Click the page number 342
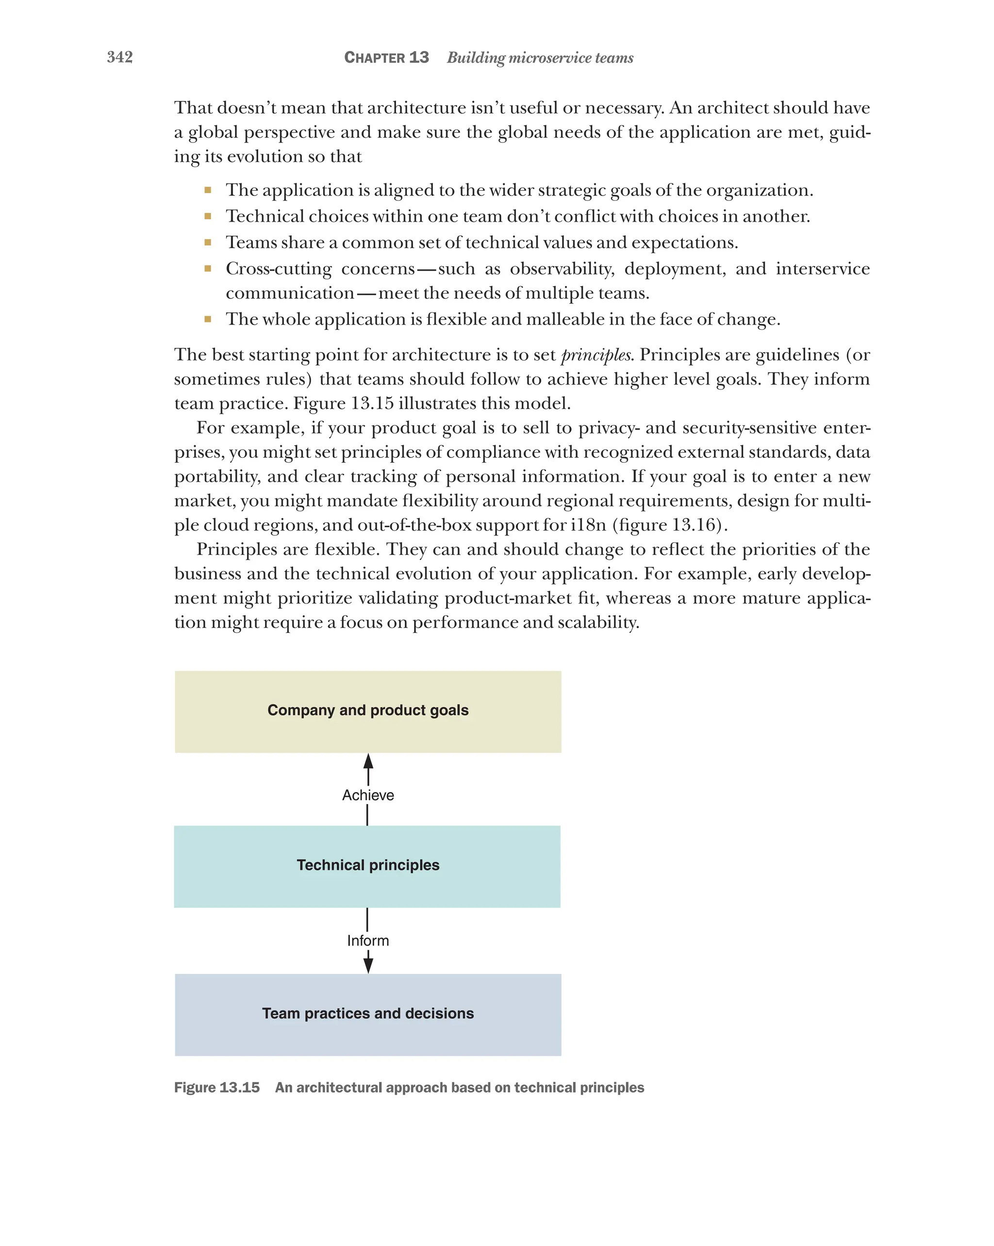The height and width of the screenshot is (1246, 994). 120,57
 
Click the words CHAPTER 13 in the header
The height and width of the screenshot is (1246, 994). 386,58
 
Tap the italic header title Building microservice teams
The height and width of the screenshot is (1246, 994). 540,58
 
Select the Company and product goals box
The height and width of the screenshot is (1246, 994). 368,712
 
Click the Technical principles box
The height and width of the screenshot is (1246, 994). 368,866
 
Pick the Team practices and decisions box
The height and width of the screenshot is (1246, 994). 368,1015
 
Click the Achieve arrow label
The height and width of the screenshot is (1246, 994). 368,795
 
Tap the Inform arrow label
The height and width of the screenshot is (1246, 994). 368,941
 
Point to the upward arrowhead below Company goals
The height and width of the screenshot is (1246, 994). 368,761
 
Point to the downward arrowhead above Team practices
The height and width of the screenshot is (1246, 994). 368,965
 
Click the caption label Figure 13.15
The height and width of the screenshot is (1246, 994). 217,1088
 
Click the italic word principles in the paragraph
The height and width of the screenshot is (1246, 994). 596,355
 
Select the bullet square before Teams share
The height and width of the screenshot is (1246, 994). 208,243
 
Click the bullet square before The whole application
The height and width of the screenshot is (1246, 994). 208,319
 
